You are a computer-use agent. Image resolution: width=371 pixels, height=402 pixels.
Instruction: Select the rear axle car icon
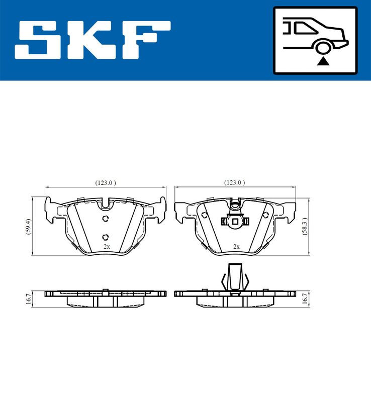pos(315,40)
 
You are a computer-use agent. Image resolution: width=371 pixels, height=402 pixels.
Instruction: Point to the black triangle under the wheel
pos(322,61)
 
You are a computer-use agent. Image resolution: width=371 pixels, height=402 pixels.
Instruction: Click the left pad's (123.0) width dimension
pos(106,183)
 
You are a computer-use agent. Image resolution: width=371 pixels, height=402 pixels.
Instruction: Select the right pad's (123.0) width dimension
pos(235,183)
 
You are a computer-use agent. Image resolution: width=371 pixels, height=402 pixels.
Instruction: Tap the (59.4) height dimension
pos(29,226)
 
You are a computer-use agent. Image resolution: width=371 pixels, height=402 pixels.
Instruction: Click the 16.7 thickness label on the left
pos(29,297)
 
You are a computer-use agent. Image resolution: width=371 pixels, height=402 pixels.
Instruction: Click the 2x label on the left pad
pos(106,247)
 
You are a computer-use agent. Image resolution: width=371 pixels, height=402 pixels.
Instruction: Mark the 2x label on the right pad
pos(236,247)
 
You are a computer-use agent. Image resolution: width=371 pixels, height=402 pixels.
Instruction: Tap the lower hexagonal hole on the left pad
pos(105,237)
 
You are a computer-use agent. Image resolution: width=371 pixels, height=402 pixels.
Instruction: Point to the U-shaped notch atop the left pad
pos(105,204)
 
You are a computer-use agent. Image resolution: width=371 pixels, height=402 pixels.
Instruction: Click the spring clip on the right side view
pos(234,278)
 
